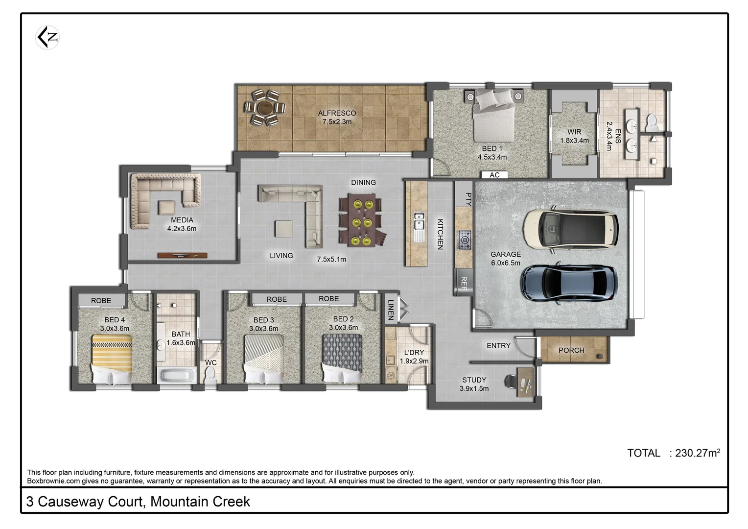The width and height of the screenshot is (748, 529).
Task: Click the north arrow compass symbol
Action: (47, 37)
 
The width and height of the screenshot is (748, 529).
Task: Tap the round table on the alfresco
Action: (265, 107)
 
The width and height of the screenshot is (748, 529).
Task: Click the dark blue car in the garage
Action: (568, 284)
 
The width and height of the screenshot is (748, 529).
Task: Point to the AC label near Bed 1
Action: (494, 175)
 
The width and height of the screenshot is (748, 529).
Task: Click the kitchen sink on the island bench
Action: (419, 226)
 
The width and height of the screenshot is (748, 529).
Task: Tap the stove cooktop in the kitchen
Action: (464, 240)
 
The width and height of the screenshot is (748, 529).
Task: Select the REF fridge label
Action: (464, 283)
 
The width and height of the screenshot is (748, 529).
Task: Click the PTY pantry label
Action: (468, 198)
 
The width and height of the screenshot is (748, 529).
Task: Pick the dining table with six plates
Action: (362, 220)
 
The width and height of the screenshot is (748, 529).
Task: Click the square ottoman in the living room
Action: (283, 229)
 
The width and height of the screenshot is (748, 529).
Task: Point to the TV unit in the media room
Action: (182, 255)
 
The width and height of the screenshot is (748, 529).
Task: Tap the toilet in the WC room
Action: (211, 376)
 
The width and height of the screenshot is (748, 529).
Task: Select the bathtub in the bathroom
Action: (176, 376)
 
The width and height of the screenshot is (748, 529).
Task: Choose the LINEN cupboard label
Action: (391, 310)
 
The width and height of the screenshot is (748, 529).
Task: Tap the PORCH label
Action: (571, 350)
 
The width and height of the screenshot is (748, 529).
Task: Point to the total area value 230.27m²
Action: (697, 453)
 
